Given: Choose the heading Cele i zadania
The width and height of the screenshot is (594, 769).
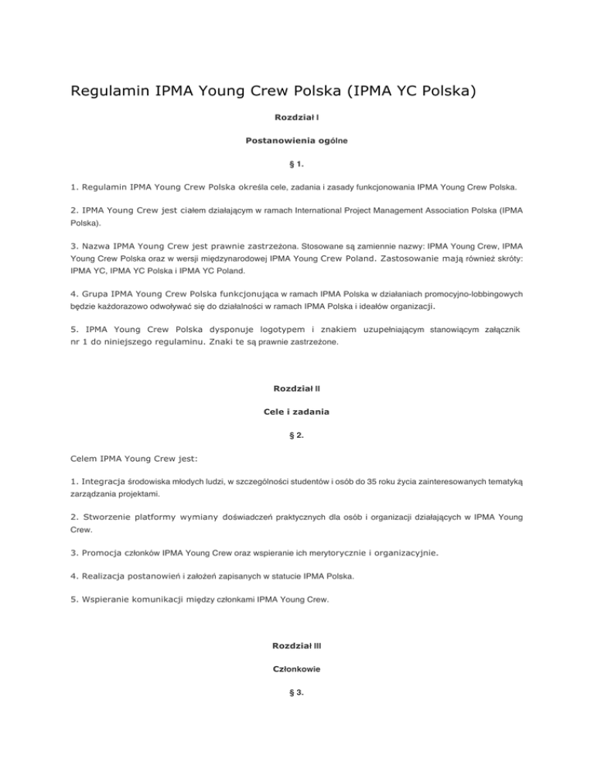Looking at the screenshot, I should click(x=297, y=412).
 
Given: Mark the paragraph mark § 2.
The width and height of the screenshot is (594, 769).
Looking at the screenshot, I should click(x=297, y=435).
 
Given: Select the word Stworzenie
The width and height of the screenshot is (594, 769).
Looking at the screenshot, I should click(x=117, y=517).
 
